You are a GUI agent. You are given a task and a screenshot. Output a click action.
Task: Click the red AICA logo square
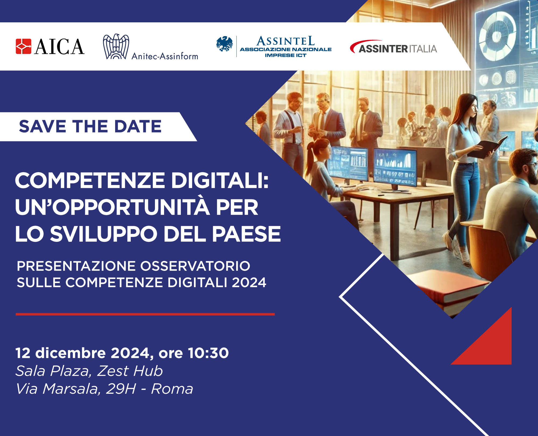point(23,46)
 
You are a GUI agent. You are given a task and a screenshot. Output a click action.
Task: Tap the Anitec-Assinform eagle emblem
point(116,46)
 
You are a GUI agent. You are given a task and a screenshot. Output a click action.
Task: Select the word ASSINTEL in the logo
point(285,41)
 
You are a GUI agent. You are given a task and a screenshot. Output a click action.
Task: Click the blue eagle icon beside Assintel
point(224,44)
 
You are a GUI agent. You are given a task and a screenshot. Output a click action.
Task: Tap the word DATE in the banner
point(138,126)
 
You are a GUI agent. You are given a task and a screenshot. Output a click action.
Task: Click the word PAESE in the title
point(246,234)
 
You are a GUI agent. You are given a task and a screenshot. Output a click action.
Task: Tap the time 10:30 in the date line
point(208,353)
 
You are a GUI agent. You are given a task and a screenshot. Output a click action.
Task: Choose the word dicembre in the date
point(70,353)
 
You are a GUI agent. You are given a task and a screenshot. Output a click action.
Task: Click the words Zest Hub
point(130,371)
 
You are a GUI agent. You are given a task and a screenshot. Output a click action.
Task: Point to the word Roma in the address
point(172,389)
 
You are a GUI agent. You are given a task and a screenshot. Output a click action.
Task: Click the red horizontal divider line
point(145,314)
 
